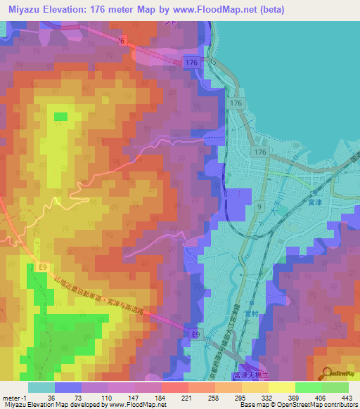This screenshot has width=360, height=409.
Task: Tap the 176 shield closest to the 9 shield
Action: tap(261, 152)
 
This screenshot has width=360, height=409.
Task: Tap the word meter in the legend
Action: tap(10, 398)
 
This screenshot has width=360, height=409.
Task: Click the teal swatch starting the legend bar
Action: tap(41, 387)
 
